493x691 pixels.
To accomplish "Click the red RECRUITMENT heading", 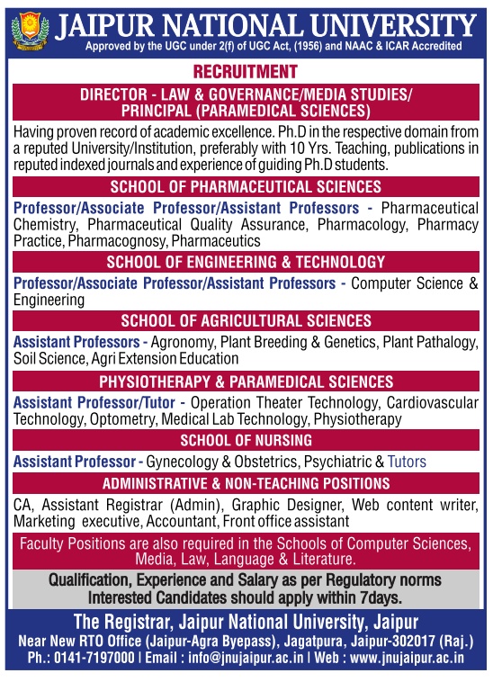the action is tap(246, 71).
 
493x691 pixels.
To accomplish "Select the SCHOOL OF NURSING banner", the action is tap(246, 440).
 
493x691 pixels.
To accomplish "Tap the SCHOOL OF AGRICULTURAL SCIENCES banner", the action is tap(246, 321).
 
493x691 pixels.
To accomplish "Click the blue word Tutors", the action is tap(407, 462).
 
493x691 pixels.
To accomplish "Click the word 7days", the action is tap(379, 596).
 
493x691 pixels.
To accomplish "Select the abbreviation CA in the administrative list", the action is tap(23, 504).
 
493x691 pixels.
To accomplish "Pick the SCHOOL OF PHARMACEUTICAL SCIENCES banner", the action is tap(246, 186).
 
